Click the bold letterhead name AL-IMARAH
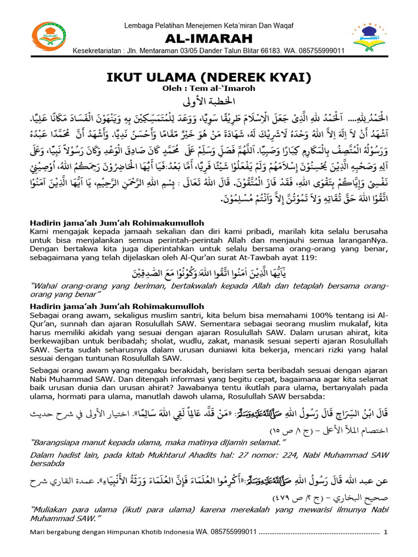click(x=208, y=39)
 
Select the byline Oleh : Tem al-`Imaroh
click(x=209, y=88)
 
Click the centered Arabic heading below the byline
click(x=209, y=102)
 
